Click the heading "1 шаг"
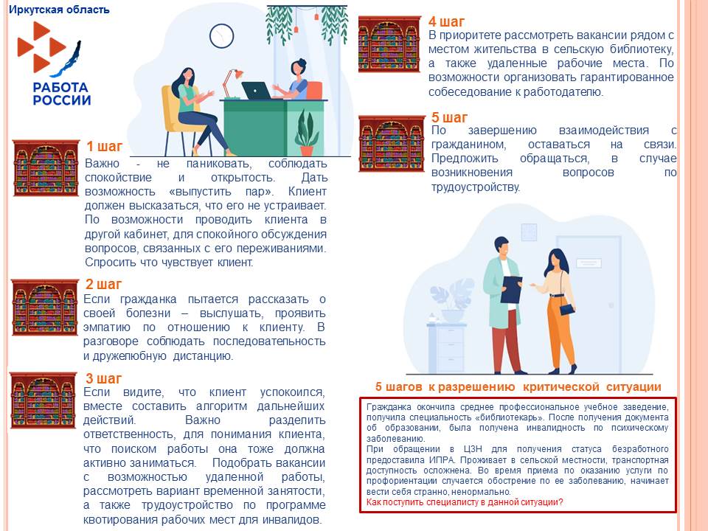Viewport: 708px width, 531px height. [x=104, y=146]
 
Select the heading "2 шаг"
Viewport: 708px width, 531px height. [x=103, y=285]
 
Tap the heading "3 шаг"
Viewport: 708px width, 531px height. [x=103, y=379]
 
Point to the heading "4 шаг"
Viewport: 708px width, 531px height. [x=447, y=22]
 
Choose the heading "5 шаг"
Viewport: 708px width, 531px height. [x=449, y=118]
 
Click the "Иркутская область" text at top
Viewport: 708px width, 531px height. [x=59, y=10]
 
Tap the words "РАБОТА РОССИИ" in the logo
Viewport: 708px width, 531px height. [x=62, y=94]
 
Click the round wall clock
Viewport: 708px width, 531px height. [x=221, y=35]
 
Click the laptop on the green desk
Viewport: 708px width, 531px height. [x=256, y=91]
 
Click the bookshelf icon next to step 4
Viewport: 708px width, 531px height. [x=389, y=46]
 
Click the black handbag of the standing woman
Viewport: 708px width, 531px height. [x=566, y=308]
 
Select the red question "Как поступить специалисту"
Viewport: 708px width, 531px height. [x=465, y=502]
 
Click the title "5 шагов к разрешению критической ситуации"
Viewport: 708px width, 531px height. [x=518, y=387]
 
